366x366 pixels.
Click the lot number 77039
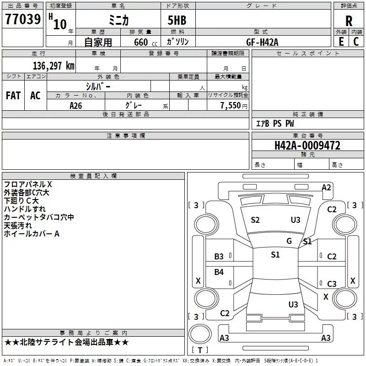coord(23,19)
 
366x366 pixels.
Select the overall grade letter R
coord(349,21)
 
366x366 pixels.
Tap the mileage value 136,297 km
coord(54,66)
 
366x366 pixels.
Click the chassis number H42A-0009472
coord(307,145)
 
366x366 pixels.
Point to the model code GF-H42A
coord(262,42)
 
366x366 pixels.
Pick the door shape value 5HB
coord(177,20)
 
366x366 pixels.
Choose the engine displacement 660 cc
coord(145,43)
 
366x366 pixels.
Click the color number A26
coord(75,106)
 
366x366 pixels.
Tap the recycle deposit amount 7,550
coord(231,106)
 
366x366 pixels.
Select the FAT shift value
coord(13,96)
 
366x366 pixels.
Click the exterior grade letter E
coord(341,42)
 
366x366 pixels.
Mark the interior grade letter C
coord(356,42)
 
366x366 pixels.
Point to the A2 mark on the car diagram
coord(326,188)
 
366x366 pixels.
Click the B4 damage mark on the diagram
coord(219,272)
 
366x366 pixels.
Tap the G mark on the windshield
coord(289,241)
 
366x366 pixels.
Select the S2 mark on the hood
coord(255,220)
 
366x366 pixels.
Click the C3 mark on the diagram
coord(332,284)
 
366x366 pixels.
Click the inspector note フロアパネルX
coord(28,184)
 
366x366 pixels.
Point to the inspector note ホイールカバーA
coord(32,234)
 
